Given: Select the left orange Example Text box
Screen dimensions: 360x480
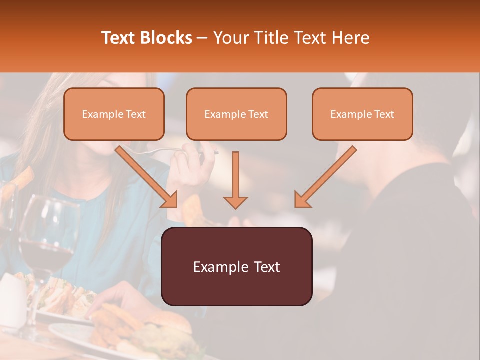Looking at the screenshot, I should (114, 114).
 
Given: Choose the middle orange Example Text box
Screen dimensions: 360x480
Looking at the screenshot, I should (236, 114).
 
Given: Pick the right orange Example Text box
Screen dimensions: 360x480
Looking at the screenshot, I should (362, 114).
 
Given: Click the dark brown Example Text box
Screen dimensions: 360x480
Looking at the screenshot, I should (237, 266).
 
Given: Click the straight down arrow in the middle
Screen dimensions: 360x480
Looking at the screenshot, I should (235, 180).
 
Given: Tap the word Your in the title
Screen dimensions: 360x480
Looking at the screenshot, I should (231, 38).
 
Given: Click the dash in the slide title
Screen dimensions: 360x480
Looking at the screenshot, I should (202, 38).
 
